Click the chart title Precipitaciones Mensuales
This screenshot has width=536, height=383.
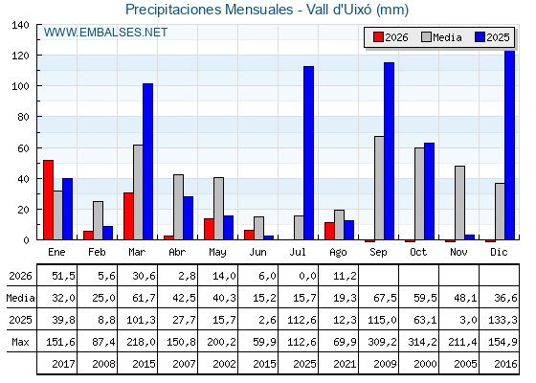pos(210,10)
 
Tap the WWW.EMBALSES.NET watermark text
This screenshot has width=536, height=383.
pos(105,33)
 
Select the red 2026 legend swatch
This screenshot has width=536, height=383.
pos(378,37)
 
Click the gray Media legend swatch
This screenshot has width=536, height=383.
pos(426,37)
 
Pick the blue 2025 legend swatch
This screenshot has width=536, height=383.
pos(480,37)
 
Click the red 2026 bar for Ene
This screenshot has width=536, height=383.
pos(48,200)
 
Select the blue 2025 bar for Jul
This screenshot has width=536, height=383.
pos(308,153)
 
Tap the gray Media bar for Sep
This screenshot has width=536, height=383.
pos(379,188)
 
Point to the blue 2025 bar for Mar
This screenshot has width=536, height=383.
pos(147,162)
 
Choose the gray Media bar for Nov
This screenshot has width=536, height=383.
pos(459,203)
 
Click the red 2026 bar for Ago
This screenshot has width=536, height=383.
pos(329,231)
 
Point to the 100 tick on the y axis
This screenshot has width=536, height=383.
pos(21,86)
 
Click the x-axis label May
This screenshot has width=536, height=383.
pos(217,253)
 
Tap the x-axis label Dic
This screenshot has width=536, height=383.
pos(499,252)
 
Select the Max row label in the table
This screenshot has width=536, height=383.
pos(20,342)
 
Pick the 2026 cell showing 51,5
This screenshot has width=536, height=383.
pos(63,276)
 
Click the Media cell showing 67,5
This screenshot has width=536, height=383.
pos(385,298)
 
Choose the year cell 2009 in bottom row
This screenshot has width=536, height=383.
pos(385,364)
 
